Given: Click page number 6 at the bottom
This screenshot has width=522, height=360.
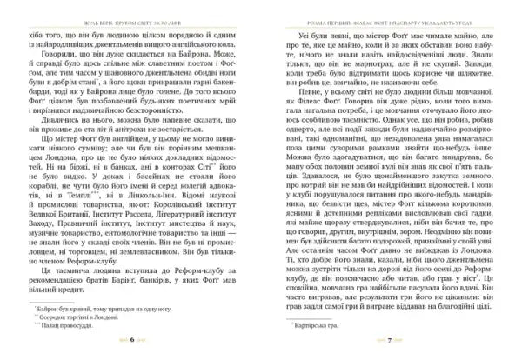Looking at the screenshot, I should click(x=131, y=343).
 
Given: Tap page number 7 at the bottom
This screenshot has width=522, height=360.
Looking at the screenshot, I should click(x=390, y=343).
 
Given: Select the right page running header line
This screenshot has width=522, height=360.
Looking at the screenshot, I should click(x=389, y=12).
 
